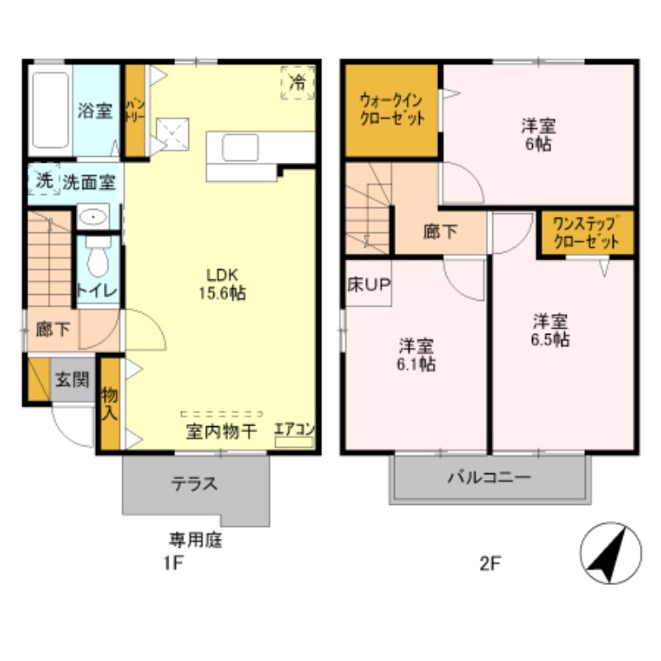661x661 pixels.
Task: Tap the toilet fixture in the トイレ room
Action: tap(98, 257)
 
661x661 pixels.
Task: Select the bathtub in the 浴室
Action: tap(50, 108)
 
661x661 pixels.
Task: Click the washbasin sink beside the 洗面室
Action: tap(95, 218)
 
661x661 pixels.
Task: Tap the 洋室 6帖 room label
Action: tap(537, 135)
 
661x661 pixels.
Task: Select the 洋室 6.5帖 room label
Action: tap(549, 329)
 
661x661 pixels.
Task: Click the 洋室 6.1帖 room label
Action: tap(417, 354)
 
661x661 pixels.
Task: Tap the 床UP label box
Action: tap(369, 285)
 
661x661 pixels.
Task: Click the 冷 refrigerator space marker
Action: tap(297, 83)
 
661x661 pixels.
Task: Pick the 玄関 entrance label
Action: tap(72, 380)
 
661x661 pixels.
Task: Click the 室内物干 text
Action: tap(221, 430)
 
